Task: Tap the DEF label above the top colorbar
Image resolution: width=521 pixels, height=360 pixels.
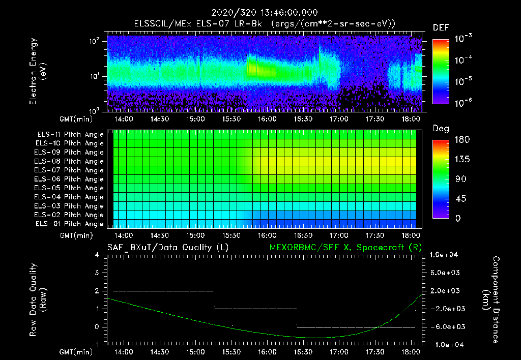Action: tap(441, 27)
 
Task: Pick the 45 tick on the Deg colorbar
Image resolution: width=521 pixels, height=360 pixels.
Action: tap(459, 199)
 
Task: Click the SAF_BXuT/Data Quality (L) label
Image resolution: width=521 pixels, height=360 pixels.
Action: tap(167, 247)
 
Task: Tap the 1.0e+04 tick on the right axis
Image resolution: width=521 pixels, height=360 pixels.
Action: tap(445, 255)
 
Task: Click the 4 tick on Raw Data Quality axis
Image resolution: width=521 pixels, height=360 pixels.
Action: tap(97, 255)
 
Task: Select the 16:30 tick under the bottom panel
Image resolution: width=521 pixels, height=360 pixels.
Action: tap(303, 352)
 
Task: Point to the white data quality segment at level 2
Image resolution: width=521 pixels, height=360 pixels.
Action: tap(163, 291)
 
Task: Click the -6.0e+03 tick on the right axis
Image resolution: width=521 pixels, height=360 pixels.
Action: tap(445, 326)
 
